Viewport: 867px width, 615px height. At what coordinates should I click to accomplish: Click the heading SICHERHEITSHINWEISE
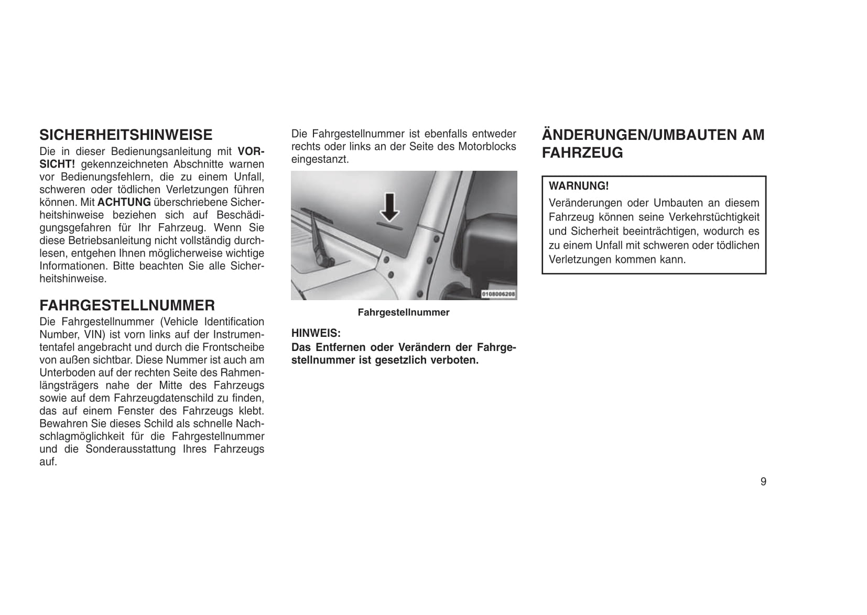126,135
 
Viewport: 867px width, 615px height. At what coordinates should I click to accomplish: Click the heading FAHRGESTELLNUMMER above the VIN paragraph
127,305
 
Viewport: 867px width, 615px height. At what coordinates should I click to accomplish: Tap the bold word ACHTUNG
124,202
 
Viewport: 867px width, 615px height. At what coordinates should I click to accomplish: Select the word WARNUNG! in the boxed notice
579,186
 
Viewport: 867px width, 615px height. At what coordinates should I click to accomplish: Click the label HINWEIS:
316,333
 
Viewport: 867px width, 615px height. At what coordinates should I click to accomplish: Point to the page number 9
763,481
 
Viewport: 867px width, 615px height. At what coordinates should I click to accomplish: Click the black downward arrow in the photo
389,206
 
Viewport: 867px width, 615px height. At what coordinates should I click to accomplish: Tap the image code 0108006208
498,294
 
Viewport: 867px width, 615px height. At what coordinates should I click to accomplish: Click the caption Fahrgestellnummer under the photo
404,313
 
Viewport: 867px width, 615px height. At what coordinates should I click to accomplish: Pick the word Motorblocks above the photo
487,147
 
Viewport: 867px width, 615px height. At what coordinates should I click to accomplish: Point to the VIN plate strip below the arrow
389,228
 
